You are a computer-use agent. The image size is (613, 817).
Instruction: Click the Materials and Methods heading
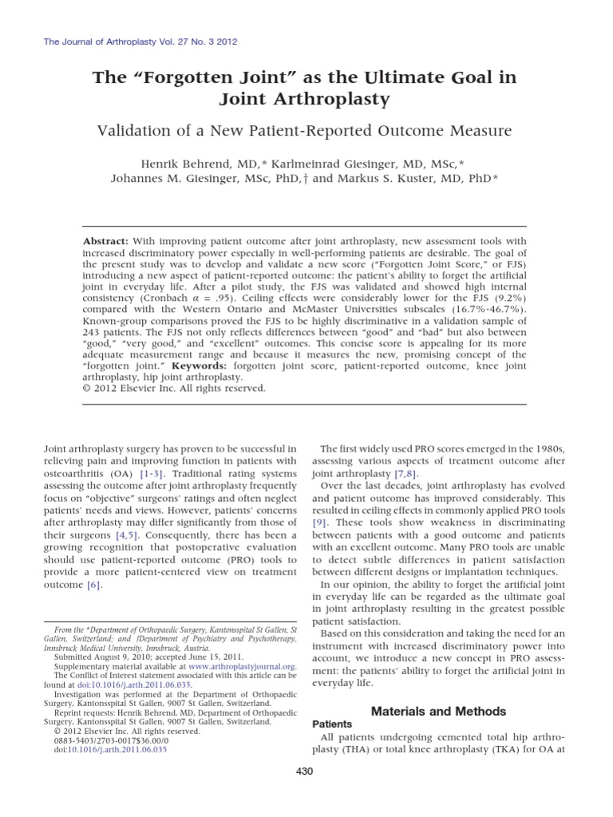click(438, 711)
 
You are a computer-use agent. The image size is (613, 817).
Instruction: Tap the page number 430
click(306, 771)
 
